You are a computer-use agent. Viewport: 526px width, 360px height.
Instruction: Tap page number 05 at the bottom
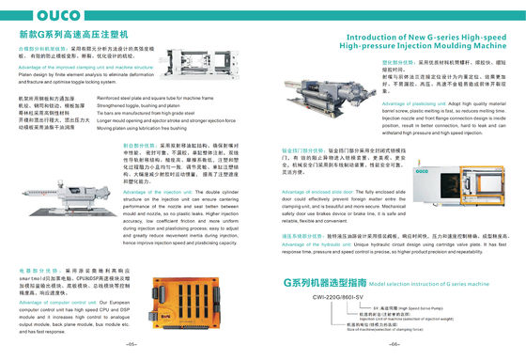coord(131,345)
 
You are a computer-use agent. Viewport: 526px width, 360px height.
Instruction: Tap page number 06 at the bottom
coord(394,345)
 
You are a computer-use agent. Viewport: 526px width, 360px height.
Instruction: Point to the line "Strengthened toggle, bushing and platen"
coord(149,105)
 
